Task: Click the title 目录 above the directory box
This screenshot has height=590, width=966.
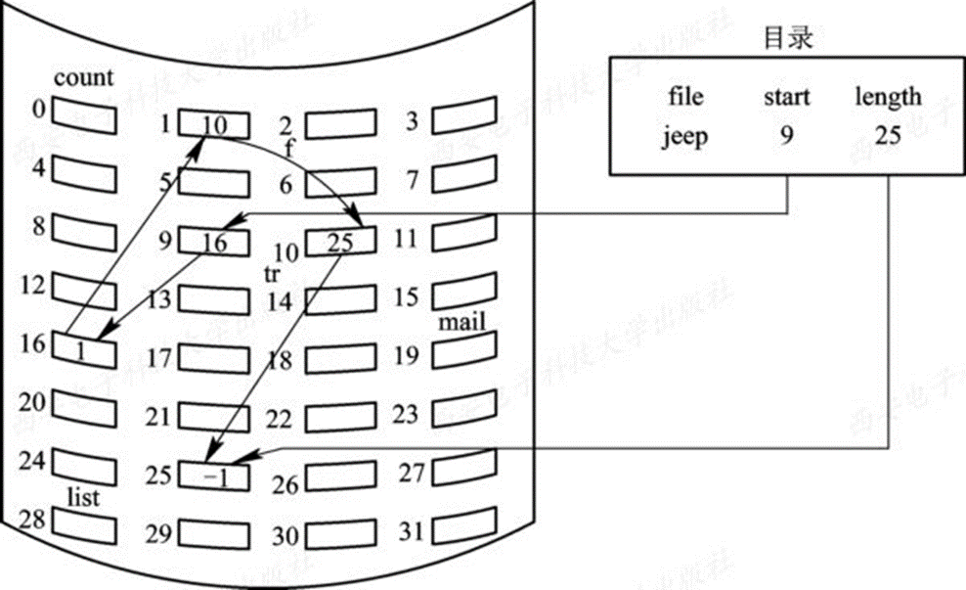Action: [x=788, y=38]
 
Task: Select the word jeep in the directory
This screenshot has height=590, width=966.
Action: [x=685, y=136]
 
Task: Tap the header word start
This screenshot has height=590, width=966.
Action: [x=788, y=97]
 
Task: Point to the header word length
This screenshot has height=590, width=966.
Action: [x=888, y=97]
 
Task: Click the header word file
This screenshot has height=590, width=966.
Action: [x=685, y=97]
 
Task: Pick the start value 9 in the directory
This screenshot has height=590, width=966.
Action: [x=786, y=136]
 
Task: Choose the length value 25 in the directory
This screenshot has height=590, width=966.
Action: [x=887, y=136]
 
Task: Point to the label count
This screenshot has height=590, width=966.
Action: [x=83, y=77]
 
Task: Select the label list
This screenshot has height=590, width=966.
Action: [x=85, y=497]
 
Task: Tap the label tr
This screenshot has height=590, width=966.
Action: [x=272, y=273]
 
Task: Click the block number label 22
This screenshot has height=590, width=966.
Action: [x=280, y=419]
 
